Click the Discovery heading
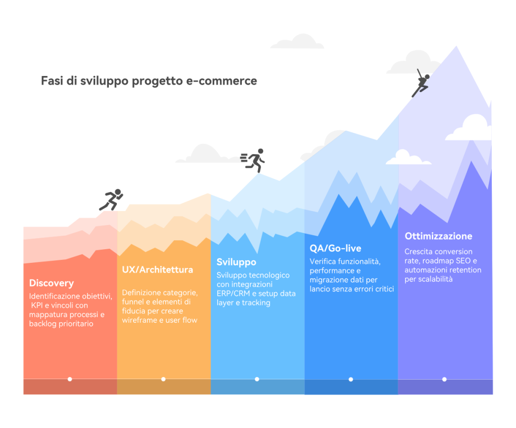51,283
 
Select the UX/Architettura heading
157,269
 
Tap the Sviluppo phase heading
236,262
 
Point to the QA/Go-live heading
335,248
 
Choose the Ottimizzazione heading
438,236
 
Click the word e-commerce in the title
222,81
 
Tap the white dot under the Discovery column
70,379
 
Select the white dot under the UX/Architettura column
163,379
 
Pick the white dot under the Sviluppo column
257,379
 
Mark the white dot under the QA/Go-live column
351,379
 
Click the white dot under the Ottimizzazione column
444,379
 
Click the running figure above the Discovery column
111,199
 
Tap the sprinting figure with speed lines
253,161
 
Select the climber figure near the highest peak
421,83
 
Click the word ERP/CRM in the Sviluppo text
233,294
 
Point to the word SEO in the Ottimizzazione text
464,261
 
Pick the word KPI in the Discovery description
37,305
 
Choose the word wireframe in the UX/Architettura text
139,320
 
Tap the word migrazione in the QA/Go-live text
327,280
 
